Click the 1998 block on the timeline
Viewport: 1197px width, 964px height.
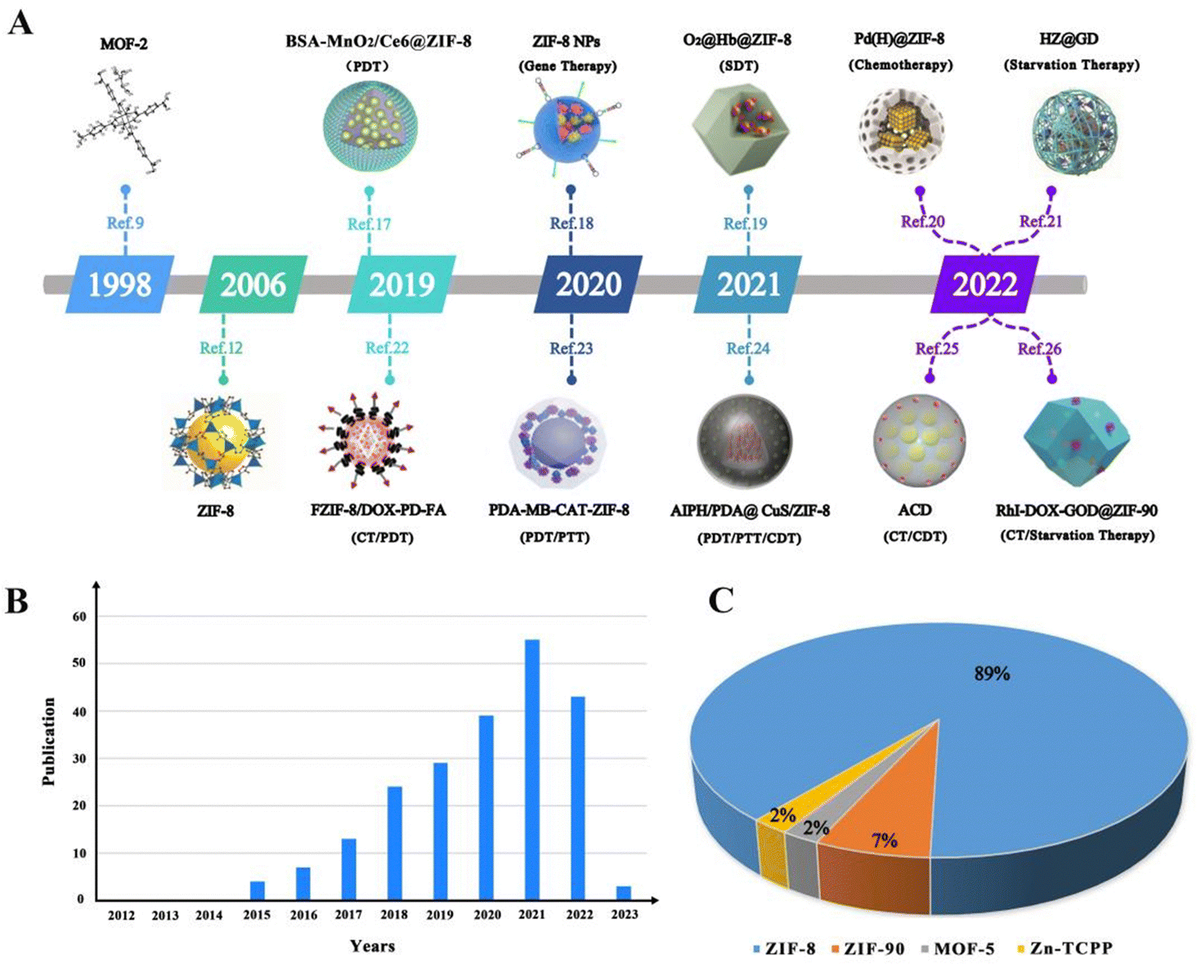[x=119, y=285]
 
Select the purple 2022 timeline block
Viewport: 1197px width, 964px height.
[x=984, y=285]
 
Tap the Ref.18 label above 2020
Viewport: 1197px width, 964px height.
[x=572, y=223]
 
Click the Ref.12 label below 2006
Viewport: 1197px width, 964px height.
[x=221, y=348]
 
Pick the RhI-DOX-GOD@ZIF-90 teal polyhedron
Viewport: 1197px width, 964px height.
[x=1077, y=439]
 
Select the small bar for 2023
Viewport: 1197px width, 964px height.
[x=624, y=892]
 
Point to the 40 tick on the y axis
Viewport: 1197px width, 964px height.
[x=79, y=712]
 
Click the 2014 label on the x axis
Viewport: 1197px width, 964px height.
[x=208, y=915]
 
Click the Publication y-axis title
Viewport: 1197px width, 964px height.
[x=49, y=742]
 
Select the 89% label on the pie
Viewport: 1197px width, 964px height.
[x=991, y=674]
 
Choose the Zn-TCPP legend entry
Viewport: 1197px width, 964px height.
[x=1065, y=949]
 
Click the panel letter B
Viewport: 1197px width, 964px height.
[x=17, y=601]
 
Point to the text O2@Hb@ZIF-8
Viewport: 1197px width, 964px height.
[x=737, y=40]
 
